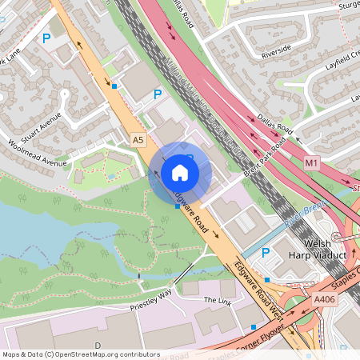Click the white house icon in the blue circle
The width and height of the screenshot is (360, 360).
click(180, 173)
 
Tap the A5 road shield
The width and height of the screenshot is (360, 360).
click(139, 140)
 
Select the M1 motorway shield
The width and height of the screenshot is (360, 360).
click(311, 163)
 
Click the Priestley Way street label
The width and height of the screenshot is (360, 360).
click(151, 300)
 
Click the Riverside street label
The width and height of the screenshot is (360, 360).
click(277, 52)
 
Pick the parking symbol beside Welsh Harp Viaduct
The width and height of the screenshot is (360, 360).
click(265, 252)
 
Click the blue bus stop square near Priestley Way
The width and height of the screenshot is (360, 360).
click(254, 327)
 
